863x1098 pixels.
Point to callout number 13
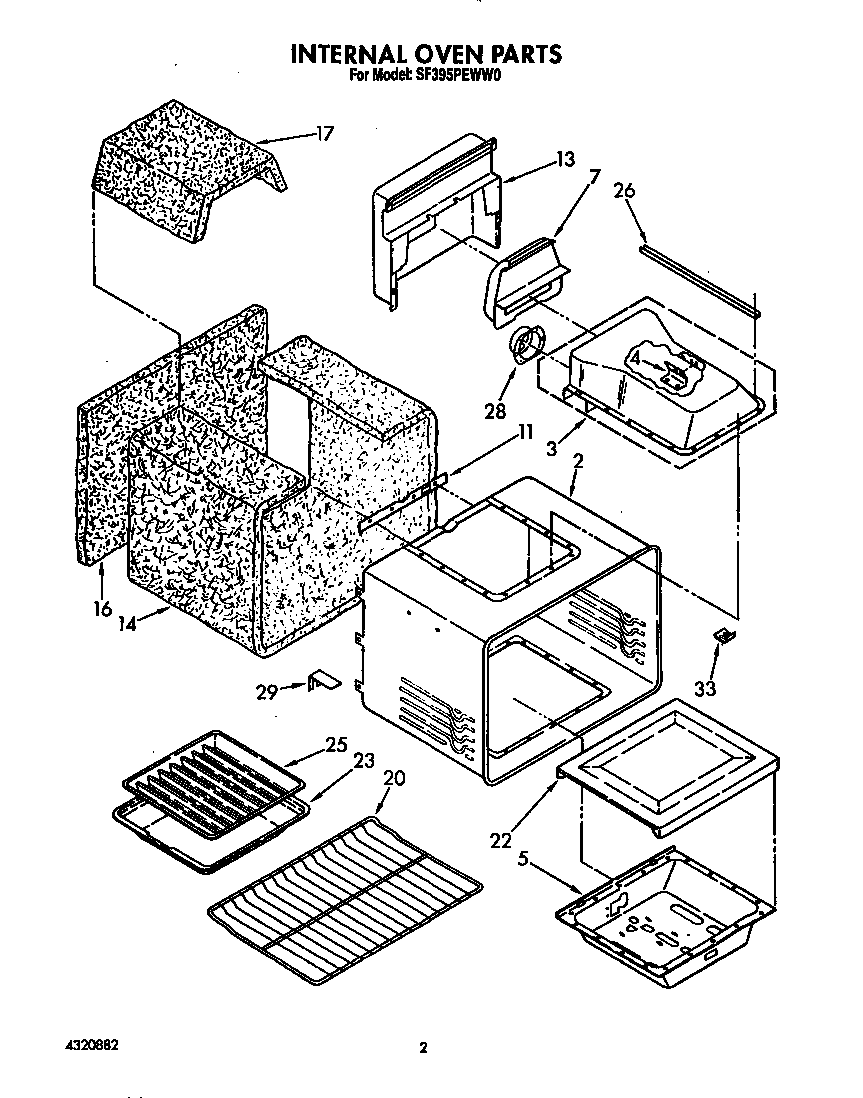[x=566, y=159]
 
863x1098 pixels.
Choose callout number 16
[x=102, y=608]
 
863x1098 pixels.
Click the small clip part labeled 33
[x=721, y=635]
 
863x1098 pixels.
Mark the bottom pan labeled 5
[x=666, y=914]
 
